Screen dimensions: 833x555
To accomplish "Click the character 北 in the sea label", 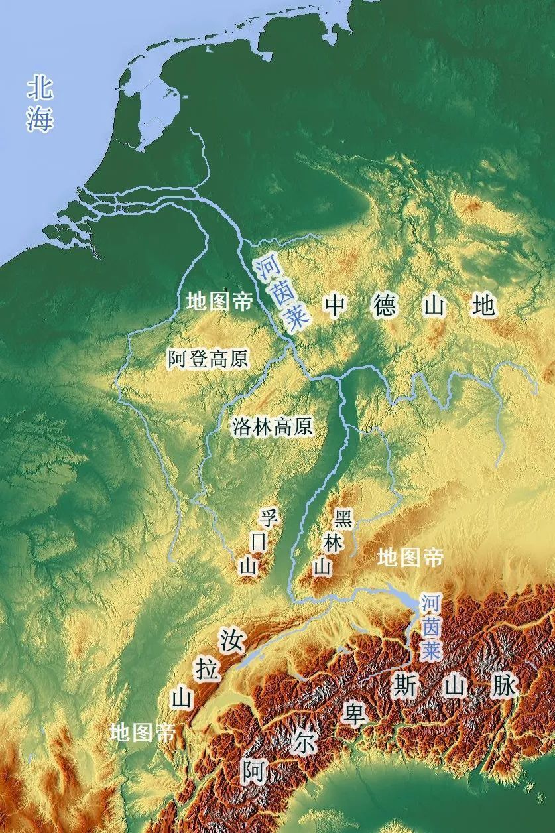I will [x=40, y=89].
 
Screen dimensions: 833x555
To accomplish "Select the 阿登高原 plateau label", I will [x=208, y=359].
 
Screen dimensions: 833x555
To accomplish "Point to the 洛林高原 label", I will [x=272, y=426].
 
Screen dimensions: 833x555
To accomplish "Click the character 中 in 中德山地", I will [x=336, y=306].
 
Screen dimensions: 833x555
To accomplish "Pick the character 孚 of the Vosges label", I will [x=268, y=517].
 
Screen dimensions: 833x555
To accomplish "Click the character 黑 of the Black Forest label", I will [x=343, y=517].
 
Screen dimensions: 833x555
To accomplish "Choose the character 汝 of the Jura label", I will [x=232, y=641].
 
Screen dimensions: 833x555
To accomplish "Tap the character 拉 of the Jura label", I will [x=208, y=669].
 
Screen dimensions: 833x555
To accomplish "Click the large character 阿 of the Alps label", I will [x=254, y=771].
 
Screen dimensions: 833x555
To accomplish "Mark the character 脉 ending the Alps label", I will [x=504, y=685].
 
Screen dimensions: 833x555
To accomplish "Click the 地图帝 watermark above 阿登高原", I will [x=219, y=302].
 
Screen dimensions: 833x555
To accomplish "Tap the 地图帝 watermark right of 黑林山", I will [x=410, y=558].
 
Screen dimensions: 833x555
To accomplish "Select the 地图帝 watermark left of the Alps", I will [x=143, y=733].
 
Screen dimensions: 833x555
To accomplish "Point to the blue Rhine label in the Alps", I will [x=431, y=626].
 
